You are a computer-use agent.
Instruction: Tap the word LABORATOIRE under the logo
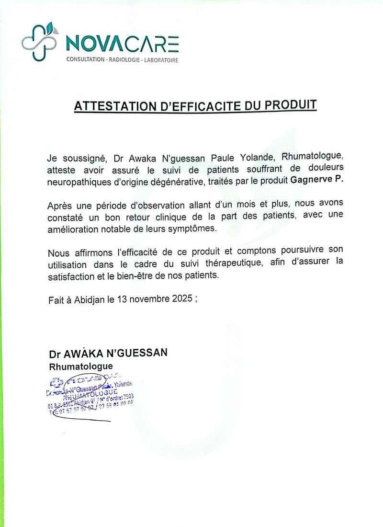(x=160, y=60)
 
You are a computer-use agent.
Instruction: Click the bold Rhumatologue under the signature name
(x=81, y=367)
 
